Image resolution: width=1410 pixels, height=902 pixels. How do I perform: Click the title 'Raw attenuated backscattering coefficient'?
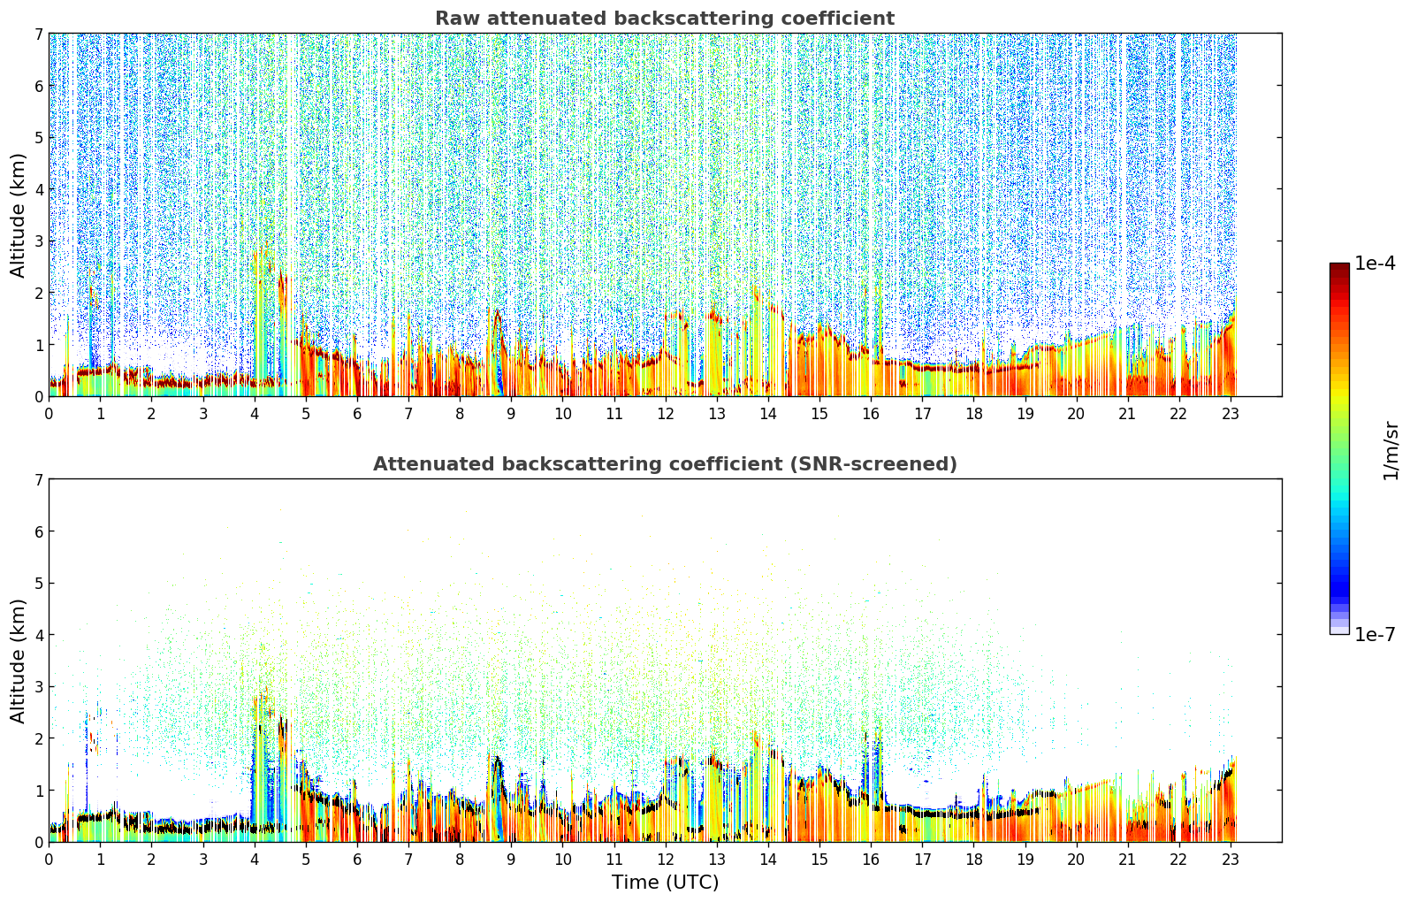coord(665,19)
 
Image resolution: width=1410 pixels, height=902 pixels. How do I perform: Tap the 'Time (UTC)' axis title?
coord(665,882)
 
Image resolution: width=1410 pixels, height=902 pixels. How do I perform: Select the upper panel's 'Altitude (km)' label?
coord(18,216)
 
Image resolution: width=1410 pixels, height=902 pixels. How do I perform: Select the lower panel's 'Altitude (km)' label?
coord(18,661)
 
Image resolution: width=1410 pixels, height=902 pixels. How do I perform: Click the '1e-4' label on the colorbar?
coord(1375,264)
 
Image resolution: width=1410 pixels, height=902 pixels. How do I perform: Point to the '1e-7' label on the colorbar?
coord(1375,634)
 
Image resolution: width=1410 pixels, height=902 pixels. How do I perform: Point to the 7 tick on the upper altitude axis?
coord(39,34)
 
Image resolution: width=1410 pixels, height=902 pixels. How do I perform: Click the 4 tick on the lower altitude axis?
coord(39,635)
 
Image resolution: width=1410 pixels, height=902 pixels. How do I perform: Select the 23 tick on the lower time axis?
coord(1230,860)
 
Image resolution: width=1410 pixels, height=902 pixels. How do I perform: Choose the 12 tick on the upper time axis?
coord(666,414)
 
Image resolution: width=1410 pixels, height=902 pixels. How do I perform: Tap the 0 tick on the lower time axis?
coord(50,860)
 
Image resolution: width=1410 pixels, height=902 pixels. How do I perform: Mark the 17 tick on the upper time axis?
coord(922,414)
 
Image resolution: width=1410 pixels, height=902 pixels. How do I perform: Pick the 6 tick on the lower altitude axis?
coord(39,531)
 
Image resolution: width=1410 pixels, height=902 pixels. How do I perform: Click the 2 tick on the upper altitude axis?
coord(39,293)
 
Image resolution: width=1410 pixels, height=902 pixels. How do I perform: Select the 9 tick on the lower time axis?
coord(511,860)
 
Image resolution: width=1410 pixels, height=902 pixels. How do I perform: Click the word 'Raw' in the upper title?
coord(458,19)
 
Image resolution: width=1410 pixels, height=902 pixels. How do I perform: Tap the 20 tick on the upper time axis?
coord(1077,414)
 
